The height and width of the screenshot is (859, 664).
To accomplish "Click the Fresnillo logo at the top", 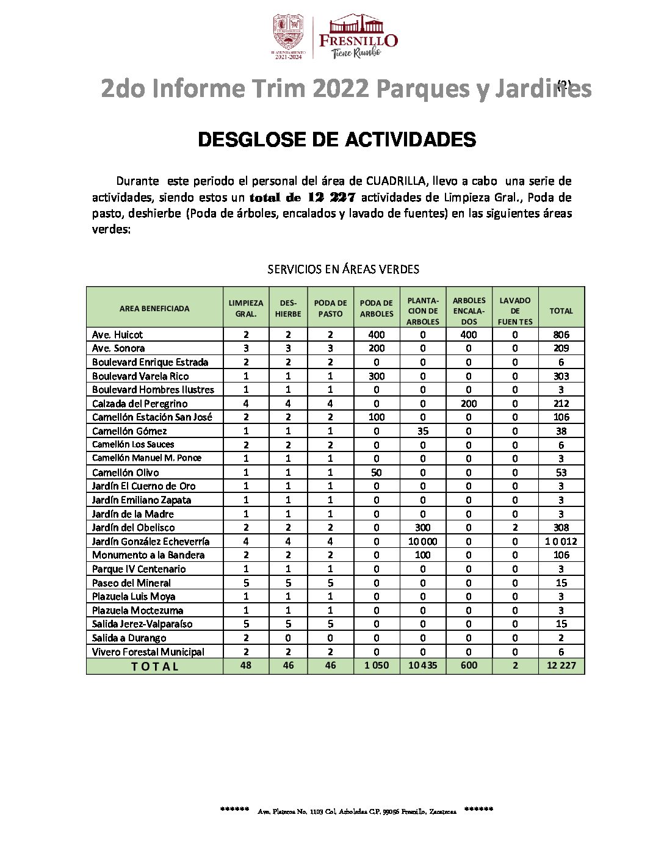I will point(358,37).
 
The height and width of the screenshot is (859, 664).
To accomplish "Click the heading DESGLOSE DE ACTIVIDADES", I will point(337,140).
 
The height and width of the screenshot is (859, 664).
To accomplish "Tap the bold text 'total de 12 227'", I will point(302,197).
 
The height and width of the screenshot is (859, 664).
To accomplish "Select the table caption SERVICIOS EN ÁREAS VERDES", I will point(343,269).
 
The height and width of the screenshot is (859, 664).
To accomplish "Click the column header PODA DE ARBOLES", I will point(377,309).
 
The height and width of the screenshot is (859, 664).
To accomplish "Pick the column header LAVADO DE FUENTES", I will point(515,311).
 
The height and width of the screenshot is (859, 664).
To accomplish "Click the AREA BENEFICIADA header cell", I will point(154,309).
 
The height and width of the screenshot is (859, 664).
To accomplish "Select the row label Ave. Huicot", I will point(117,334).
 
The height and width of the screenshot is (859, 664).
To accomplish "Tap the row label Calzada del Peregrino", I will point(140,403).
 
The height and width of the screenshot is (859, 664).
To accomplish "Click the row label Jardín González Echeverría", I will point(151,541).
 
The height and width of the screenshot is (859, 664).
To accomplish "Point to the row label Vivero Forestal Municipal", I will point(148,652).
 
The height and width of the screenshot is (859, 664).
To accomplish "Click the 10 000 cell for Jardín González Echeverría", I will point(422,541).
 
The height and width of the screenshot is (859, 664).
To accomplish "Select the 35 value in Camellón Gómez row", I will point(422,431).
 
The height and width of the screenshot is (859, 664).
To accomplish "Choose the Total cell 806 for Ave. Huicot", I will point(561,334).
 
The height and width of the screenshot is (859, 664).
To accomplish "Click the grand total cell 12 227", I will point(561,665).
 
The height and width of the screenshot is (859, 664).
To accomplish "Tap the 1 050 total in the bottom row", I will point(377,665).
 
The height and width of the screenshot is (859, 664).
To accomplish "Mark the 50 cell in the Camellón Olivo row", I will point(377,472).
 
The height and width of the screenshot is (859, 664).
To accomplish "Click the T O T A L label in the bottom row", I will point(154,666).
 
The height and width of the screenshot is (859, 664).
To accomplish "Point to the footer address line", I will point(357,811).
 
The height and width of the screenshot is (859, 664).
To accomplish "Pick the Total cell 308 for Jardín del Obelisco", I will point(561,527).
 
